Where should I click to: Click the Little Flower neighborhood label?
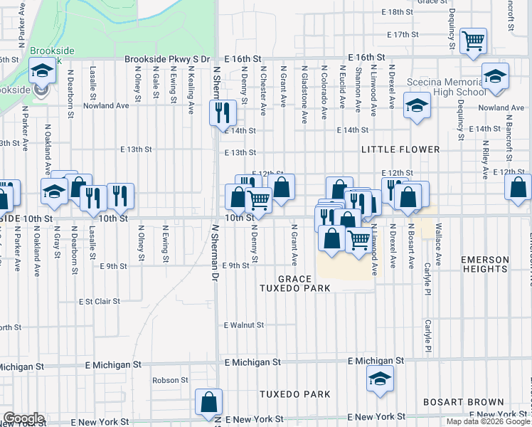tap(400, 150)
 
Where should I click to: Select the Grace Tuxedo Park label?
tap(304, 283)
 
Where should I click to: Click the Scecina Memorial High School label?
tap(446, 87)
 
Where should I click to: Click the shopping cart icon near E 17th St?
tap(472, 41)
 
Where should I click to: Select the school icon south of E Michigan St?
tap(381, 379)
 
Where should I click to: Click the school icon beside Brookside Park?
tap(42, 71)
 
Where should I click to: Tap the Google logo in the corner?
tap(23, 418)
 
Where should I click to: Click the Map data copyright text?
tap(489, 421)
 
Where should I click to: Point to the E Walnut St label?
tap(244, 325)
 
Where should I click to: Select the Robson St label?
tap(170, 381)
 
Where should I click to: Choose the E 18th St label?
tap(397, 13)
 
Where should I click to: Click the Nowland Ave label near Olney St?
tap(105, 105)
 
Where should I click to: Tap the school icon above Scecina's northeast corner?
tap(494, 75)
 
